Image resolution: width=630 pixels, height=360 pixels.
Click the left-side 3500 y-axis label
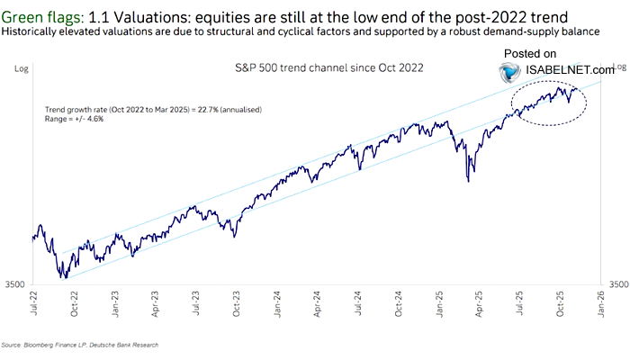[17, 283]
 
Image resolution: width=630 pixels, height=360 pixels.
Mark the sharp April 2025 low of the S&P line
[467, 181]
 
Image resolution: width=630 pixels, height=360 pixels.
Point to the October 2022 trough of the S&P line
[65, 277]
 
